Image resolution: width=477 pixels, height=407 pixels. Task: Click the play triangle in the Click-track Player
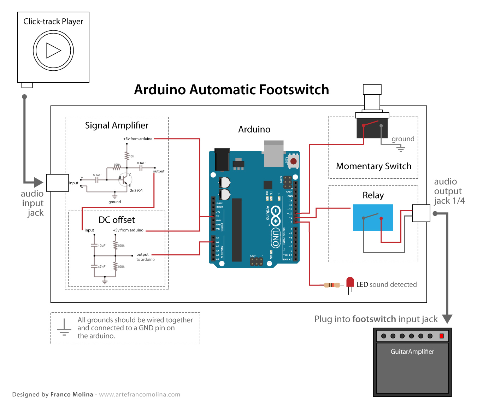(x=53, y=51)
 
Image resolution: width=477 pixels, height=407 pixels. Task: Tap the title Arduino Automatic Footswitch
(x=231, y=90)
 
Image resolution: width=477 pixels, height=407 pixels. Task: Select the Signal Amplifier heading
(x=117, y=125)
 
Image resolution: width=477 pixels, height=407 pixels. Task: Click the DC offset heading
(x=117, y=220)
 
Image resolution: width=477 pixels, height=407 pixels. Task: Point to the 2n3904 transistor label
(x=136, y=190)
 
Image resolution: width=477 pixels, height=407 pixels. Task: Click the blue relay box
(x=373, y=218)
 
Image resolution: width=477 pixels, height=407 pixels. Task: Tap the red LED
(x=350, y=282)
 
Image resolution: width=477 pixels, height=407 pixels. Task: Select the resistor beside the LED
(x=332, y=285)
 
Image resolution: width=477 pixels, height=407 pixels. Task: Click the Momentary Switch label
(x=373, y=166)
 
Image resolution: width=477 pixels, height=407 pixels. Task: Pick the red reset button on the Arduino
(x=293, y=161)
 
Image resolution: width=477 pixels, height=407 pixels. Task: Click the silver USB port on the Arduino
(x=274, y=154)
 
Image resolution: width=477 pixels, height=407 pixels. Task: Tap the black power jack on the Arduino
(x=222, y=160)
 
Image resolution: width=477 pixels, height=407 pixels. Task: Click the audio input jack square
(x=58, y=183)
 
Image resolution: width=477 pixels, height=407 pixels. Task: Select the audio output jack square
(x=421, y=213)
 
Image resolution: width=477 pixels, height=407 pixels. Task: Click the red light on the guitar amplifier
(x=441, y=336)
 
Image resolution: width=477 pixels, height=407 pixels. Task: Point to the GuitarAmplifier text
(x=412, y=352)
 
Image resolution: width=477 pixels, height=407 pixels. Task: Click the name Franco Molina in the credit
(x=72, y=394)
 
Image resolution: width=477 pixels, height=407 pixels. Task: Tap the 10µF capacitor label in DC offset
(x=102, y=246)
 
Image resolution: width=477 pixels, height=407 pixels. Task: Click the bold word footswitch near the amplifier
(x=374, y=319)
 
